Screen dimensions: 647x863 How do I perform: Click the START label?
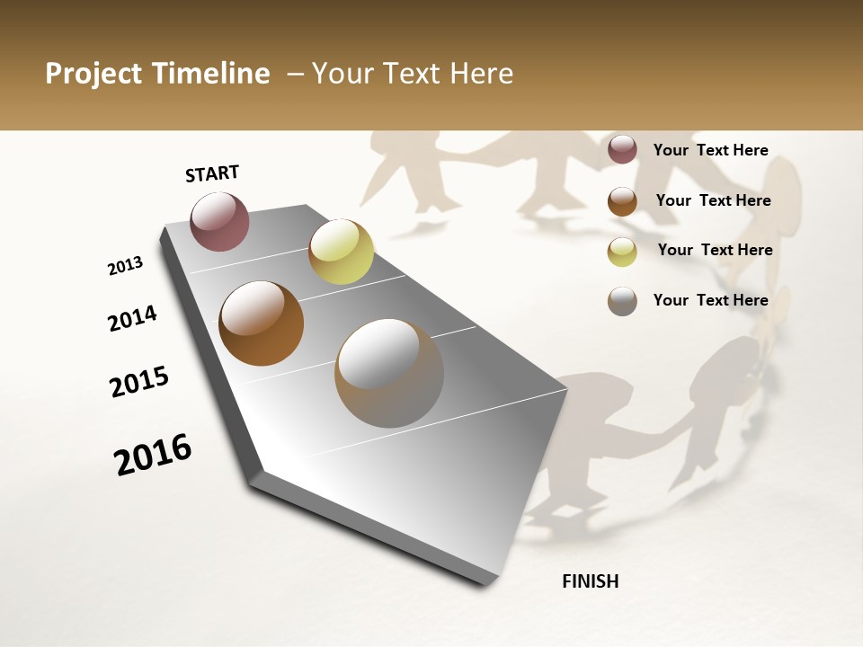click(212, 173)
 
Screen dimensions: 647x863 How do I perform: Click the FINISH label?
click(591, 581)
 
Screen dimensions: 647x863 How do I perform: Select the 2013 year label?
click(126, 266)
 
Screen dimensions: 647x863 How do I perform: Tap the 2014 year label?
click(133, 318)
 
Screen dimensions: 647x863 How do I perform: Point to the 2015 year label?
click(139, 382)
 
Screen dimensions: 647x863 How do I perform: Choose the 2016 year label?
click(153, 454)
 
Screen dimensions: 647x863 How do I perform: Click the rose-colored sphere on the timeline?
click(219, 221)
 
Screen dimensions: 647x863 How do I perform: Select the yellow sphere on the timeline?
click(341, 251)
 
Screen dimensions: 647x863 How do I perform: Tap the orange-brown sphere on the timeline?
click(261, 323)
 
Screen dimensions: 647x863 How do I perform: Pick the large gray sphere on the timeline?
click(388, 372)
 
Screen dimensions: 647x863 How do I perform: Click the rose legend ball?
click(622, 149)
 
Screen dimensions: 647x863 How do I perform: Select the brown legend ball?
click(622, 201)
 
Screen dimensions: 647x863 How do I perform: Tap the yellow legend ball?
click(622, 252)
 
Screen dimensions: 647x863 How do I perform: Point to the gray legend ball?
click(622, 301)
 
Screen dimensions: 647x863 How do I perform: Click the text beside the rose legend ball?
click(710, 150)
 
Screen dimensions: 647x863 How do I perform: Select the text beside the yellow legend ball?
click(715, 250)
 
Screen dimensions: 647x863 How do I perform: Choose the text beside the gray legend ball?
click(710, 300)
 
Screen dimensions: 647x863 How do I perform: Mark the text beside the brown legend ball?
click(713, 200)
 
